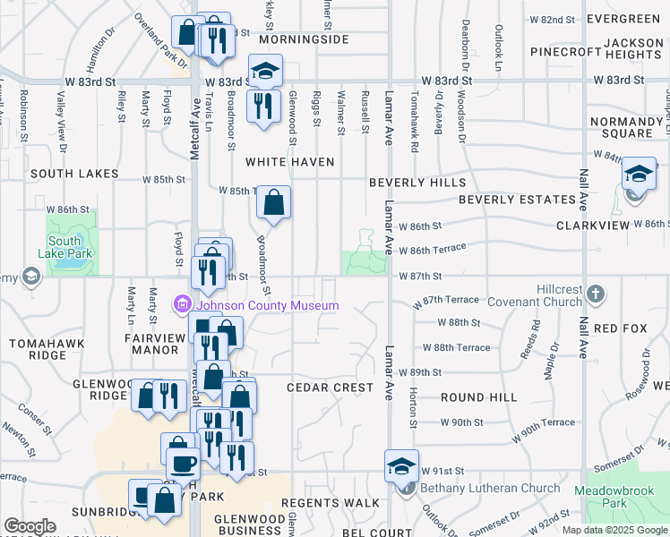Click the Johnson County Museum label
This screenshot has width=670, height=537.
[267, 306]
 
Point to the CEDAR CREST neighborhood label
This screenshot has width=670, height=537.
[330, 388]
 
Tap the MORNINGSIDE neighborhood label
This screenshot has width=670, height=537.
[303, 40]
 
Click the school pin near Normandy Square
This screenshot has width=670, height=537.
[639, 173]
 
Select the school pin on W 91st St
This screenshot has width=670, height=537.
[401, 465]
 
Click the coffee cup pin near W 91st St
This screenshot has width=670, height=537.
[183, 463]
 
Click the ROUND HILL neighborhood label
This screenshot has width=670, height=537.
[478, 397]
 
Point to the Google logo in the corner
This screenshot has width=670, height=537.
[30, 526]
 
